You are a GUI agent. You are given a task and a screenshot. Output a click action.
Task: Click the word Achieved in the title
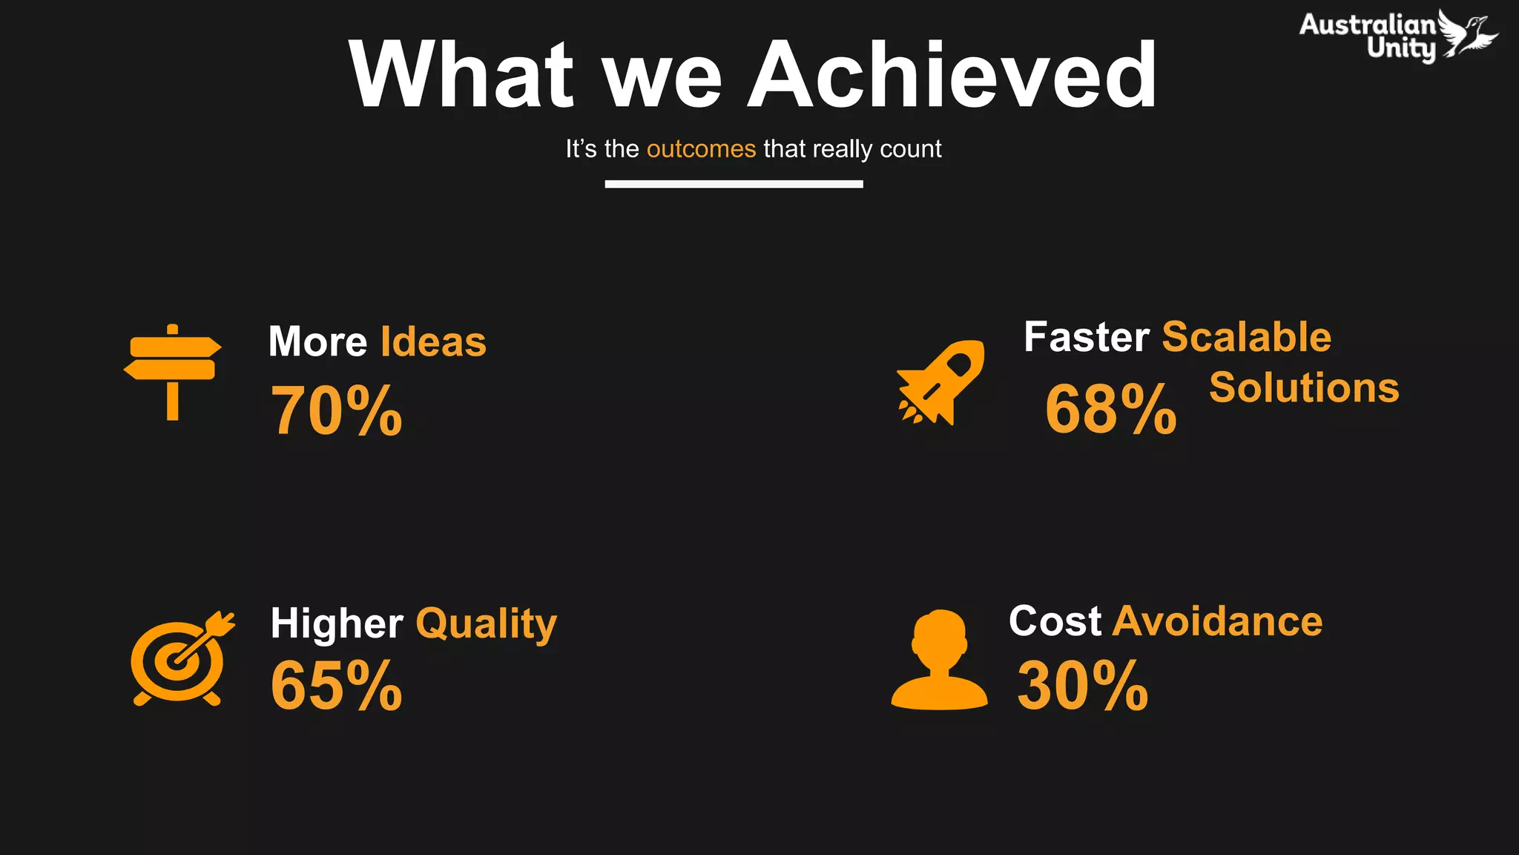952,75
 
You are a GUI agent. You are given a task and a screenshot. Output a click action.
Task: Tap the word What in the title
461,75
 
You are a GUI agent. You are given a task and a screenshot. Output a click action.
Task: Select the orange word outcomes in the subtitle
701,149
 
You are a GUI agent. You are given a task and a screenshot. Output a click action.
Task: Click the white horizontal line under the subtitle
734,184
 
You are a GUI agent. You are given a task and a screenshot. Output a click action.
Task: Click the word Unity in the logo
1401,49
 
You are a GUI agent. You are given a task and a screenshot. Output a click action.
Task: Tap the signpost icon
172,371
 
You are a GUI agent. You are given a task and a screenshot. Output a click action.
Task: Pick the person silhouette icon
939,661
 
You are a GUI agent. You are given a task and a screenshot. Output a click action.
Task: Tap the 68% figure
1110,409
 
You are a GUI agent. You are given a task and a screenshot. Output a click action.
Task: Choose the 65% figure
336,686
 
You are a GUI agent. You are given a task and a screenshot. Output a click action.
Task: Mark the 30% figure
1082,686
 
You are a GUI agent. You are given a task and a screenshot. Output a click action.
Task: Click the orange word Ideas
433,342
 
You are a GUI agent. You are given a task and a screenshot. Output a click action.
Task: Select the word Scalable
1246,337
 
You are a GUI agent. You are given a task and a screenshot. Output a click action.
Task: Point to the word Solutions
1304,387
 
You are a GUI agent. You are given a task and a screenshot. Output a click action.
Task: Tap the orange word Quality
486,623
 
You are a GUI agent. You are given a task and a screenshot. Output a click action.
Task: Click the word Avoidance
1217,621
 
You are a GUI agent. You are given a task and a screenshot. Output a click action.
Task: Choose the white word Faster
1086,337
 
